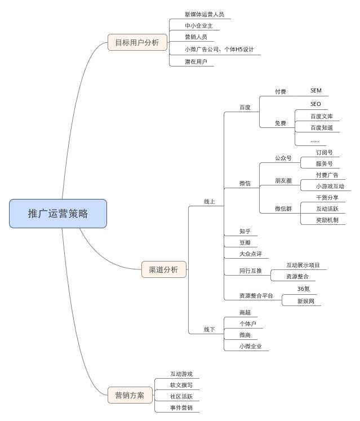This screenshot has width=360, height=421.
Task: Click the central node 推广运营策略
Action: (57, 214)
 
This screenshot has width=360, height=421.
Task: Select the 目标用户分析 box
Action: (137, 42)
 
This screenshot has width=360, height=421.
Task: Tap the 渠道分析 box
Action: (163, 270)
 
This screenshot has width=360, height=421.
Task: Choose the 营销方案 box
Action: (130, 395)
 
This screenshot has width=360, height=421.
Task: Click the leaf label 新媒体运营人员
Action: (200, 15)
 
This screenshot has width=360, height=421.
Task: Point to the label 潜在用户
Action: (195, 62)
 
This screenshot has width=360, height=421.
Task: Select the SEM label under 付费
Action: (315, 91)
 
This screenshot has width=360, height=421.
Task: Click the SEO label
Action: (315, 104)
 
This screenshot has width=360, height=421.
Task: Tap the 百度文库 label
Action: (322, 117)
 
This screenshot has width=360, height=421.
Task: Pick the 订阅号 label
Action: (324, 153)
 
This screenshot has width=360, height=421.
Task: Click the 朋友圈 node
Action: (283, 181)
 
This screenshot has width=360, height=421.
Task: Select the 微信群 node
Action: (283, 209)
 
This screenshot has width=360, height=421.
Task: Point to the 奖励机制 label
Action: (327, 220)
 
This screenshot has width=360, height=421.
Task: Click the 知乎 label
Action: (245, 232)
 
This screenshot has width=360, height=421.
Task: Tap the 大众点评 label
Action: (251, 254)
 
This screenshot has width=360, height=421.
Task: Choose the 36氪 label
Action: (304, 289)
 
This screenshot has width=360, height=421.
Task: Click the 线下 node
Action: (209, 330)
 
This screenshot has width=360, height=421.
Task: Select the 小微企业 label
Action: (251, 347)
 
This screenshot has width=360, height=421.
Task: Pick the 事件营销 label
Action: (181, 407)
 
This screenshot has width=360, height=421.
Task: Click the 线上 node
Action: (209, 202)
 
